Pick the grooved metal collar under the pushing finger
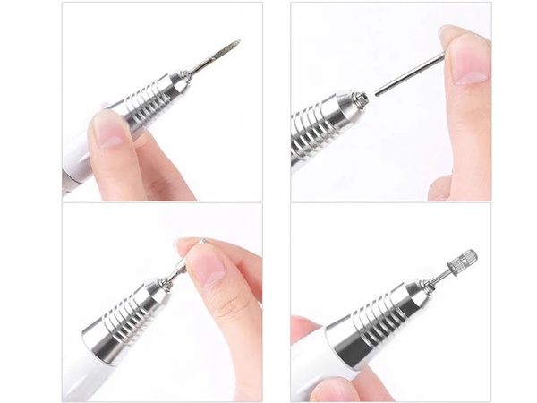pos(125,313)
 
